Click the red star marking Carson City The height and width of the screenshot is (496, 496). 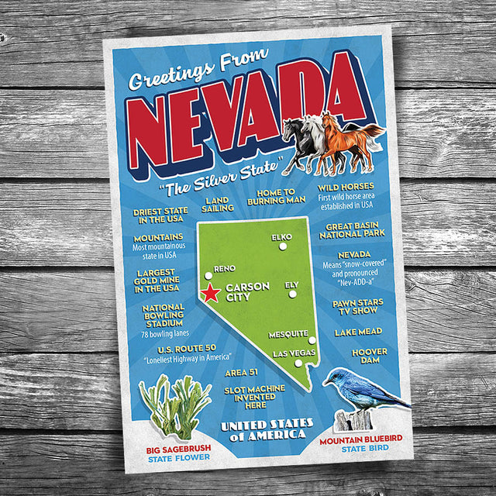tap(211, 292)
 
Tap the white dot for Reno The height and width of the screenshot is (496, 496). tap(208, 274)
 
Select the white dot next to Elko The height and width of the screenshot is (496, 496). tap(283, 246)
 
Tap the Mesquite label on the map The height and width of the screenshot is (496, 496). tap(288, 335)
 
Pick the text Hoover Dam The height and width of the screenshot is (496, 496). tap(370, 356)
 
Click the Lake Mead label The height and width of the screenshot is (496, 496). tap(358, 332)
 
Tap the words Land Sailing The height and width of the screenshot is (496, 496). tap(218, 204)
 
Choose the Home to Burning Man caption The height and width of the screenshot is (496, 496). tap(271, 196)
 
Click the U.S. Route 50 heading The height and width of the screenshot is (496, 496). tap(174, 349)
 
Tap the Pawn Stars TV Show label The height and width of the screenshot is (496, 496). tap(358, 307)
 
